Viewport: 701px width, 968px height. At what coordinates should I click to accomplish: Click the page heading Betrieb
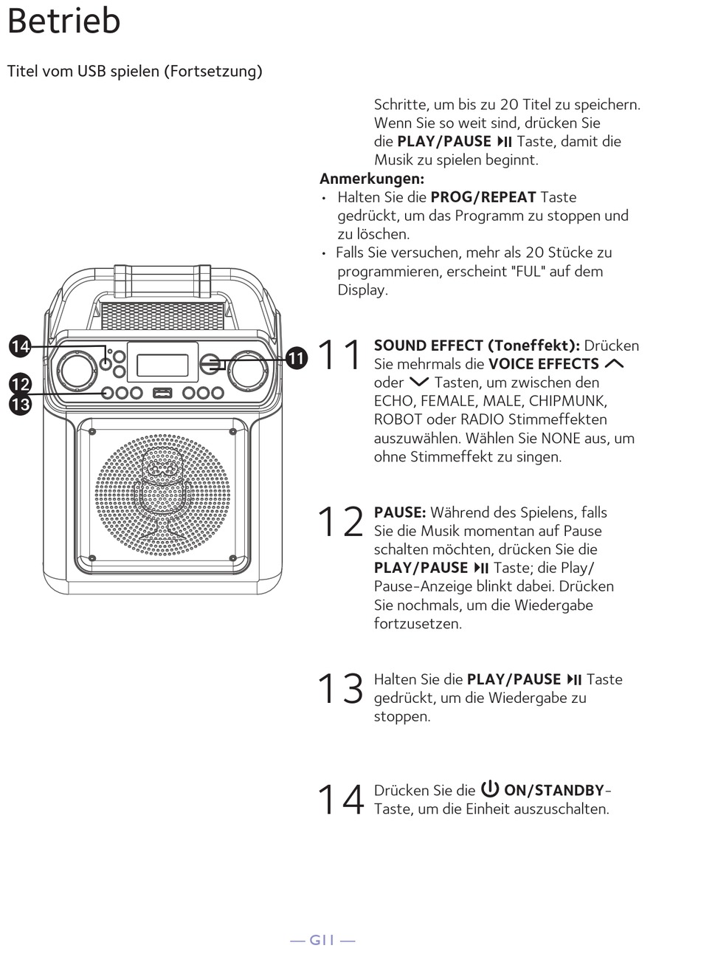tap(63, 21)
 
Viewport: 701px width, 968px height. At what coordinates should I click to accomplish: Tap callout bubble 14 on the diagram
tap(20, 346)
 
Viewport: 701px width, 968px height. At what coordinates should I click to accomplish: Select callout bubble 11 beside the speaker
tap(296, 359)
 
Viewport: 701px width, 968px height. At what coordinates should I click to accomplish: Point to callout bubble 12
tap(20, 384)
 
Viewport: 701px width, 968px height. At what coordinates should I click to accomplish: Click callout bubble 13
tap(20, 404)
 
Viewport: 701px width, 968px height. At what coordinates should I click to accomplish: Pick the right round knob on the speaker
tap(247, 369)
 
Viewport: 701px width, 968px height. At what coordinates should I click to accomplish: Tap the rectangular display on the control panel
tap(162, 364)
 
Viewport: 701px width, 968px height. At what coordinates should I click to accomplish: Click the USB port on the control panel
tap(162, 393)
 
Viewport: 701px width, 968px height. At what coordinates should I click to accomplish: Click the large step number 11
tap(340, 355)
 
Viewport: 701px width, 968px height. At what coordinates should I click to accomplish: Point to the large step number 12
tap(340, 522)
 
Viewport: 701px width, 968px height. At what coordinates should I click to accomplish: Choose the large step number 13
tap(340, 689)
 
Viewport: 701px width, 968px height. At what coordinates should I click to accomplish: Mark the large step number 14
tap(340, 800)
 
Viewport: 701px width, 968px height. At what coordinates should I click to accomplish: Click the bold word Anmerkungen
tap(372, 179)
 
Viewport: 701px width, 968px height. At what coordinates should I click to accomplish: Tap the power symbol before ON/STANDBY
tap(490, 789)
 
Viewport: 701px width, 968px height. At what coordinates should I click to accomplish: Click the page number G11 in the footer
tap(322, 940)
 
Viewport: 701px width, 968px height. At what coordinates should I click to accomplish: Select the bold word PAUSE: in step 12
tap(400, 512)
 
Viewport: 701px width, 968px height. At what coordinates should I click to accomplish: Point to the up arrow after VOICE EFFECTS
tap(614, 364)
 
